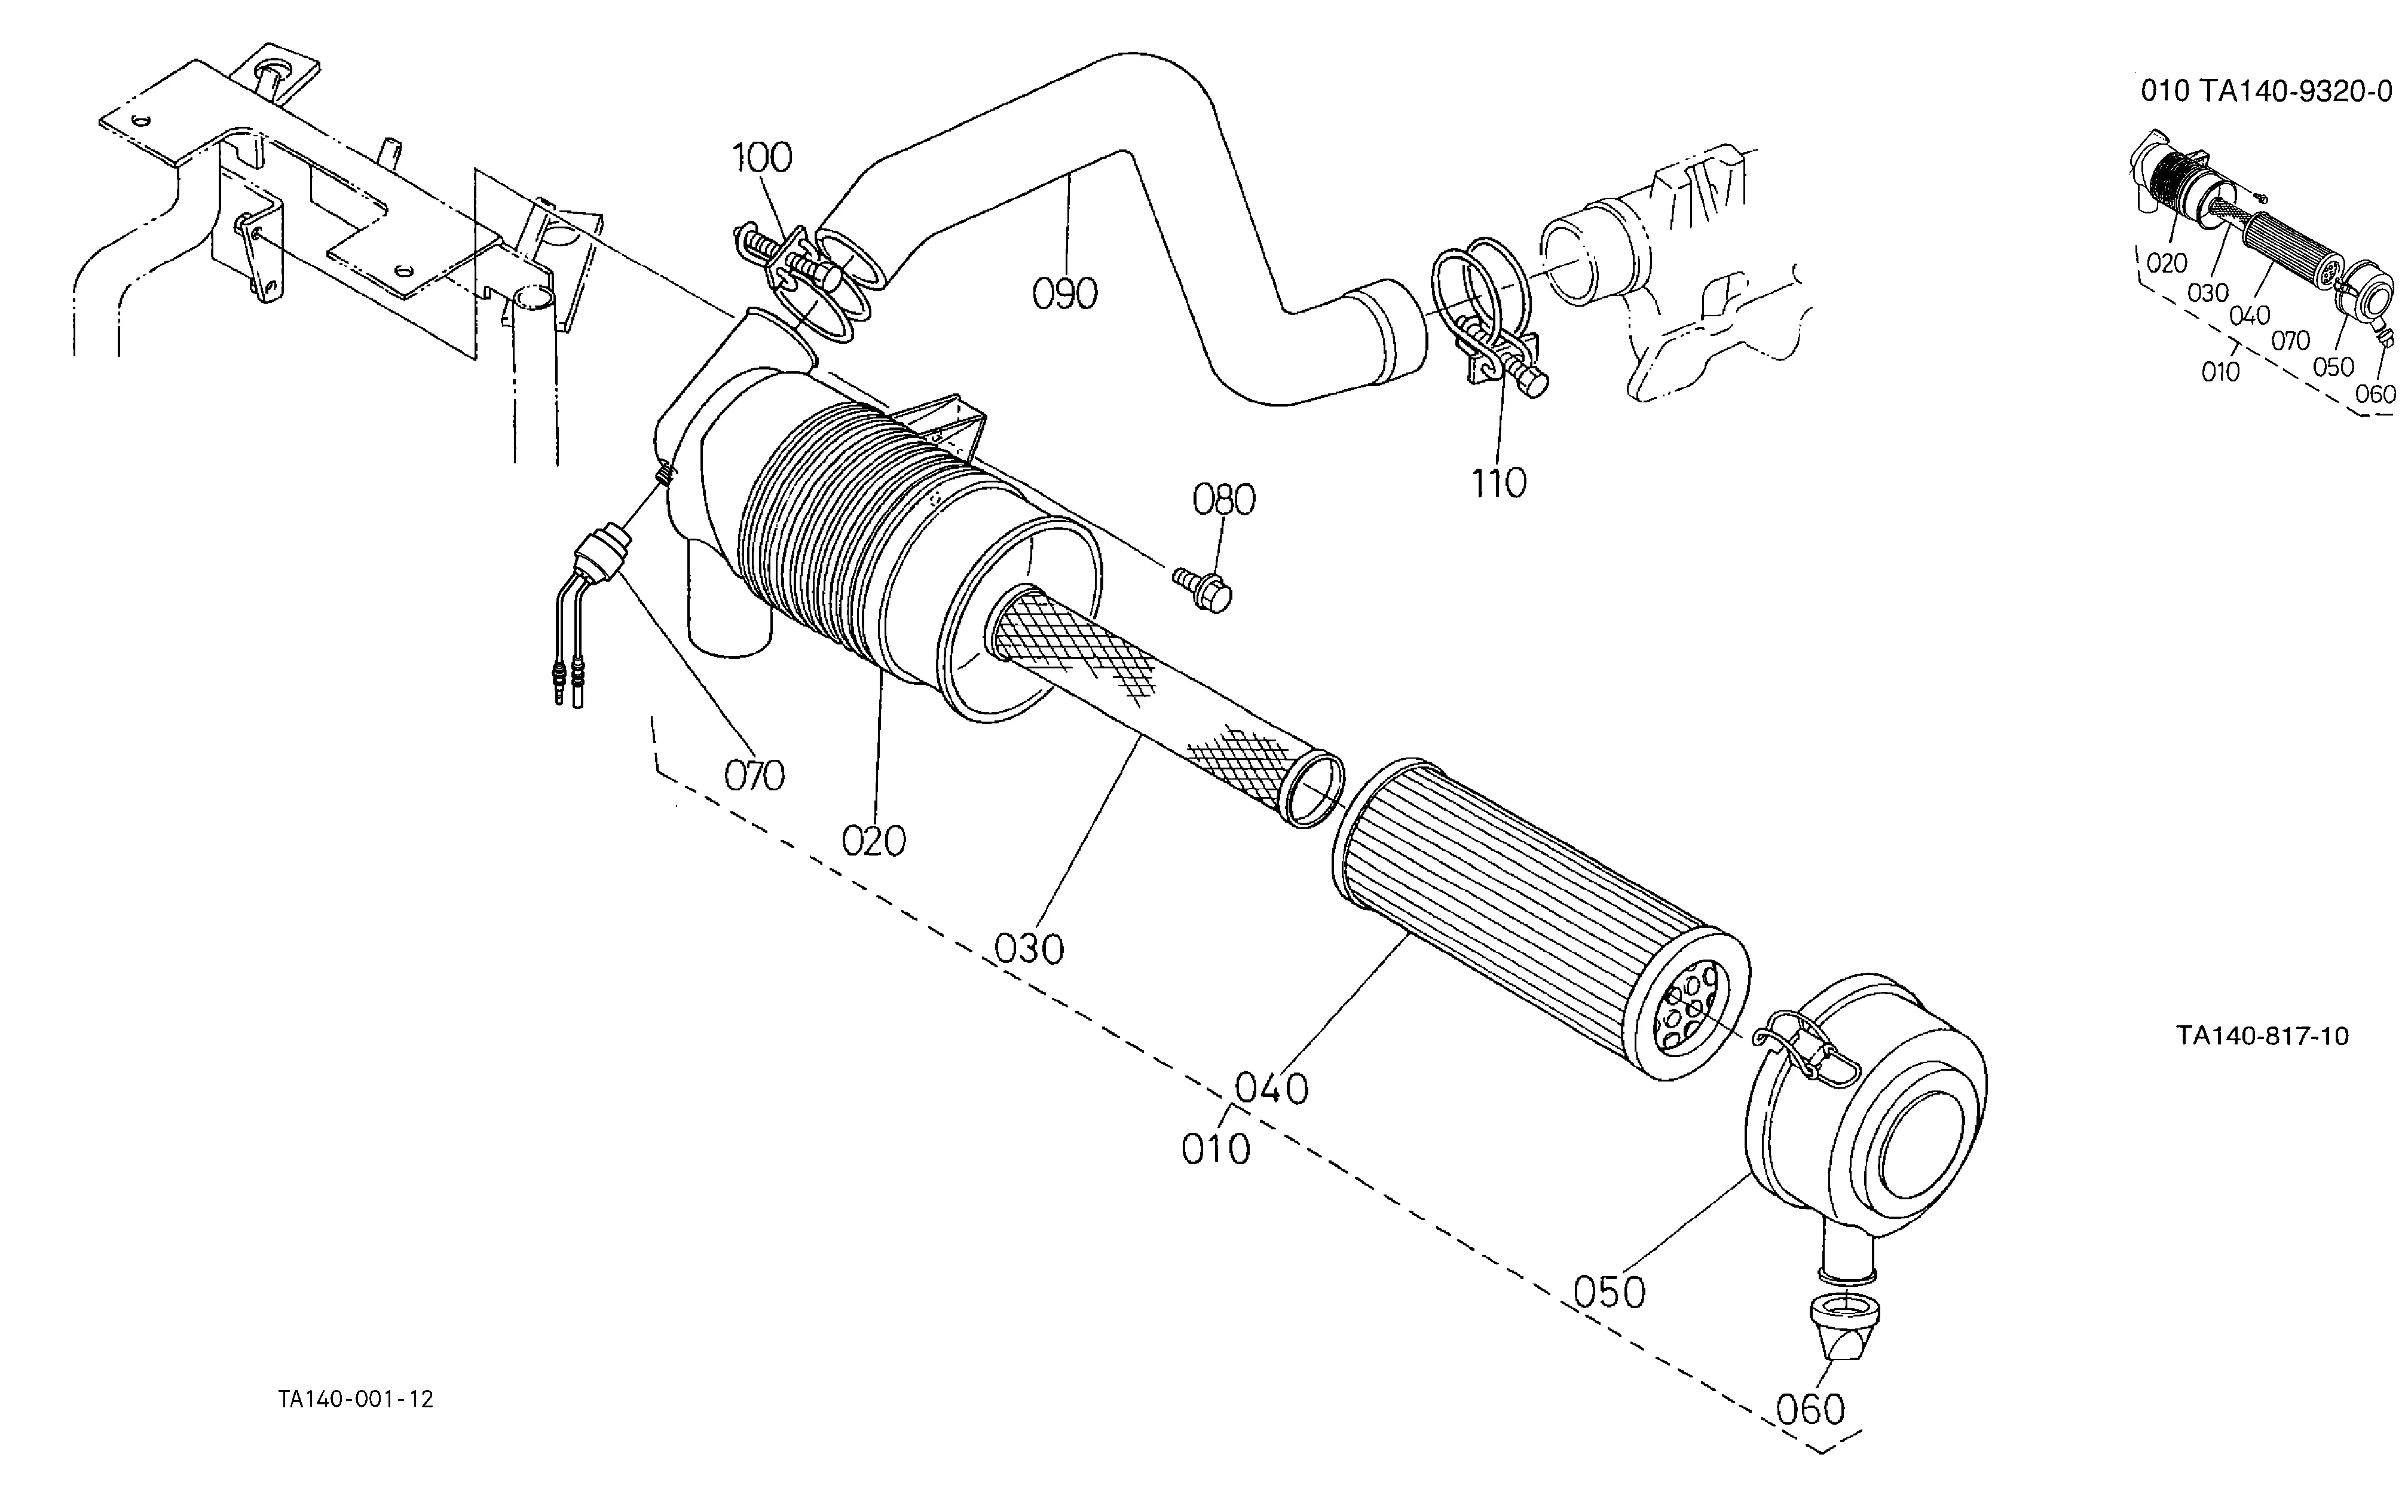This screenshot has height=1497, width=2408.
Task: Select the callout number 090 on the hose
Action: (x=1065, y=294)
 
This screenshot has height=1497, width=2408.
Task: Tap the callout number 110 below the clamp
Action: (x=1498, y=483)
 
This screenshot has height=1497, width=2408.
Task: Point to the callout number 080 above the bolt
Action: (x=1224, y=500)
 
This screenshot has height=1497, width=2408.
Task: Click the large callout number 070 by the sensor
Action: (x=754, y=775)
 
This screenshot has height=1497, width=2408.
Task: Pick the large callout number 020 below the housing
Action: (x=874, y=842)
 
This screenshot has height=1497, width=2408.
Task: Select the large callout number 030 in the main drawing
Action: (x=1029, y=949)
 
